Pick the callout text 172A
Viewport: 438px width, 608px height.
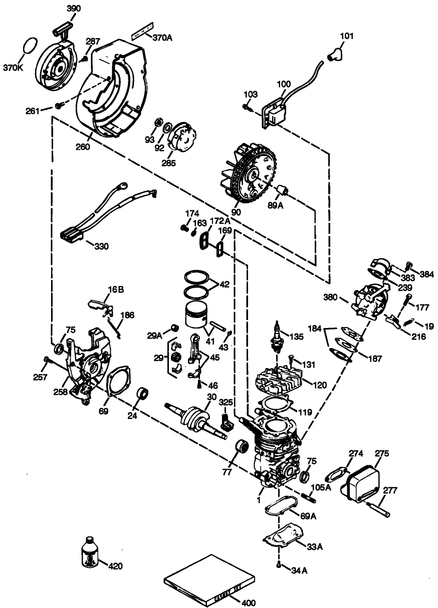[x=220, y=221]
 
